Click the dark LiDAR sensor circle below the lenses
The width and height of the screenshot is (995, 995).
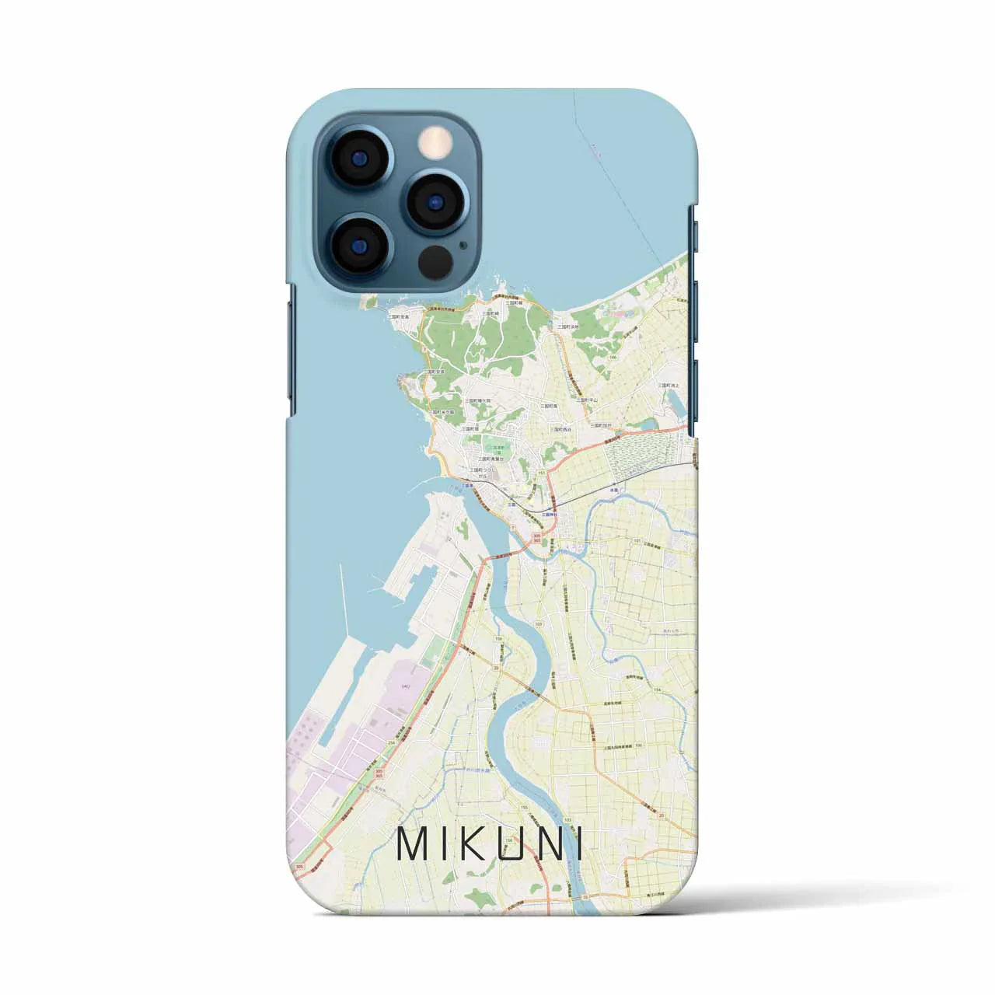(435, 261)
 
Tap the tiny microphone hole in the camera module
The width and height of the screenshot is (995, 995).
(464, 243)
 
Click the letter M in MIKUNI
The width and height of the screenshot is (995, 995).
(414, 844)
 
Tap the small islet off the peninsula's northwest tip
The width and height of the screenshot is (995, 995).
(372, 300)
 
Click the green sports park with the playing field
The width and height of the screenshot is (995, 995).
(491, 447)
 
